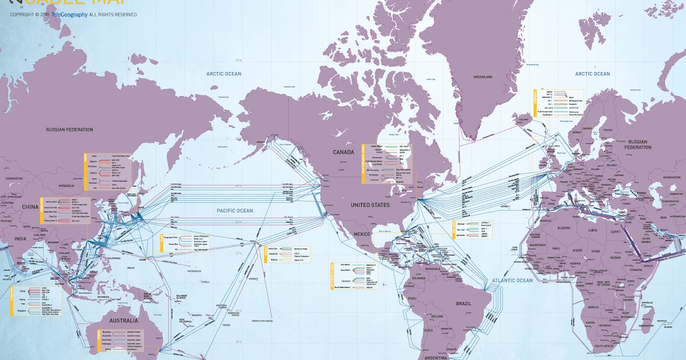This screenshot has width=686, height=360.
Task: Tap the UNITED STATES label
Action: point(370,205)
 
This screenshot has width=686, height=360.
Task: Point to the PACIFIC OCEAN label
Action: point(234,211)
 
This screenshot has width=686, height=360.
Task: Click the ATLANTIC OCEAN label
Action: point(512,280)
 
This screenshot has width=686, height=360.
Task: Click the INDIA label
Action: point(21,239)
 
